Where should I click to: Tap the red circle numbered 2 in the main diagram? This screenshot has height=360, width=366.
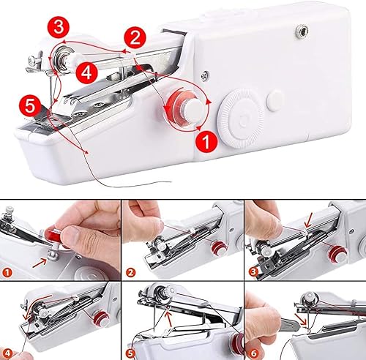[135, 38]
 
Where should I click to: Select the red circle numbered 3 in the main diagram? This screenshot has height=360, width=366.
[59, 27]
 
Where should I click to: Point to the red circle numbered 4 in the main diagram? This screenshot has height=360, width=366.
[86, 72]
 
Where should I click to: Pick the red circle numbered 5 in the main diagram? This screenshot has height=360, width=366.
[30, 106]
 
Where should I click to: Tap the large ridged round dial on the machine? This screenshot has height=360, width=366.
[241, 118]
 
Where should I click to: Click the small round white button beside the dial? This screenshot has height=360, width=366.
[275, 100]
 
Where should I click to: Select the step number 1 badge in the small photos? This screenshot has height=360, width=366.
[7, 272]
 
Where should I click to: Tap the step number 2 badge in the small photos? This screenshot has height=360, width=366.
[130, 272]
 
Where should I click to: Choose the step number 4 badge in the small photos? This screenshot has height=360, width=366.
[8, 353]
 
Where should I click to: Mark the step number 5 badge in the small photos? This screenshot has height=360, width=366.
[131, 353]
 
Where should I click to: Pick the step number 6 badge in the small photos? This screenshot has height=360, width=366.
[254, 353]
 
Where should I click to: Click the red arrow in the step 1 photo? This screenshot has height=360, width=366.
[40, 263]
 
